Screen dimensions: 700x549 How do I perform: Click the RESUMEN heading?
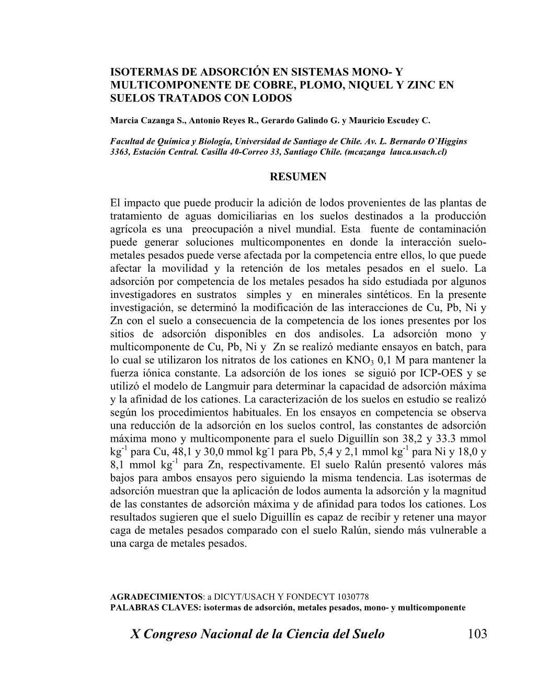298,177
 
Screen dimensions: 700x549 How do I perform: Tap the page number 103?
477,634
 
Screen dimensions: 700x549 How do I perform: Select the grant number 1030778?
351,596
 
